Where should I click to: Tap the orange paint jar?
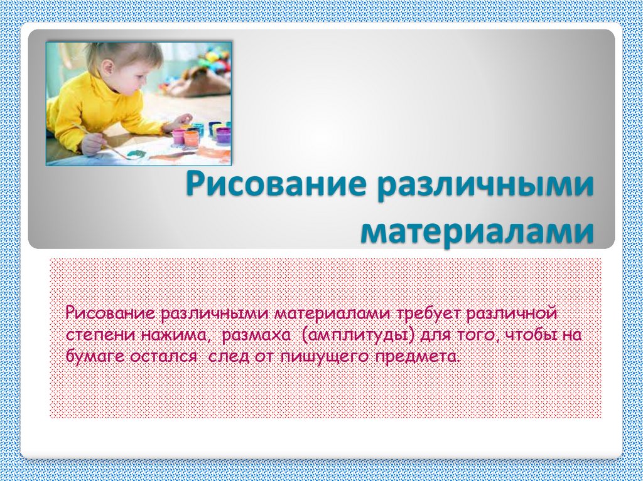(192, 137)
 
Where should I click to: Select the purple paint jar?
(224, 134)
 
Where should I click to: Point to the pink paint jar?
(178, 136)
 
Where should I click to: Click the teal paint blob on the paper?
(136, 154)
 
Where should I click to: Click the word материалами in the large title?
(477, 232)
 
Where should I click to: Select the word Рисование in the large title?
(276, 184)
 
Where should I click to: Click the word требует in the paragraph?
(429, 314)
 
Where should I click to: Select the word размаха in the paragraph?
(256, 336)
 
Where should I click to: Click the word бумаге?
(95, 357)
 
